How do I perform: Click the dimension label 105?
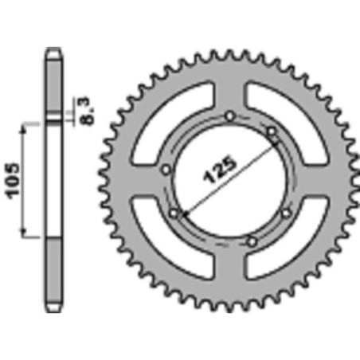tap(13, 181)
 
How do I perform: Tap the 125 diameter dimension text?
tap(220, 170)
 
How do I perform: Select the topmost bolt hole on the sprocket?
tap(230, 116)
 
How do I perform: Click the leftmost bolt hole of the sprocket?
tap(166, 169)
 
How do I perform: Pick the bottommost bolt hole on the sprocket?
tap(252, 241)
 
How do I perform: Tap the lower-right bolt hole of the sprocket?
tap(286, 213)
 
